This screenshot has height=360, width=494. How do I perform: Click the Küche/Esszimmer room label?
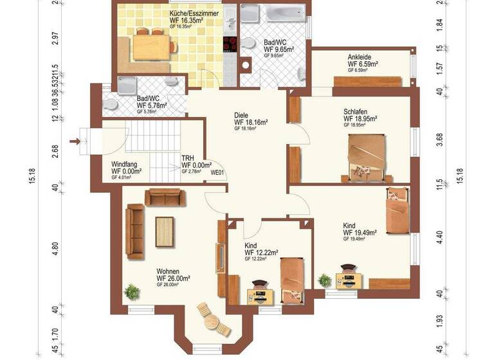pyautogui.click(x=194, y=13)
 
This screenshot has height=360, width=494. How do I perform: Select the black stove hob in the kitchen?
pyautogui.click(x=230, y=44)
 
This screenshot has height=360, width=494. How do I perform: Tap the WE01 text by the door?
pyautogui.click(x=217, y=172)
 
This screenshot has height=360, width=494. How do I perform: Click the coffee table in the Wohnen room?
pyautogui.click(x=165, y=231)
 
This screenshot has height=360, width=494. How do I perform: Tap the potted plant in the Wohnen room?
pyautogui.click(x=132, y=291)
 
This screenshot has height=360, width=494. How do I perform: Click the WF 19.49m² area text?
pyautogui.click(x=360, y=233)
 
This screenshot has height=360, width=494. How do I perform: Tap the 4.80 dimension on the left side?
pyautogui.click(x=55, y=249)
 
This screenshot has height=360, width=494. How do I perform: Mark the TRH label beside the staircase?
pyautogui.click(x=187, y=157)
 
